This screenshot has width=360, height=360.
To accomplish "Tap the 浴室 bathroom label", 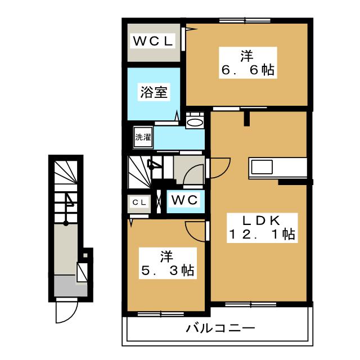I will pyautogui.click(x=154, y=92).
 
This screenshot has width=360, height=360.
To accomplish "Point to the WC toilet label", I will pyautogui.click(x=183, y=200).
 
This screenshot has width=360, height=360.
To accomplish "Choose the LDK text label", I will pyautogui.click(x=261, y=220).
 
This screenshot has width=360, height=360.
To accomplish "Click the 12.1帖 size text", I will pyautogui.click(x=261, y=235).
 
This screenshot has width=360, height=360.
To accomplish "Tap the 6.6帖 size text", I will pyautogui.click(x=247, y=70).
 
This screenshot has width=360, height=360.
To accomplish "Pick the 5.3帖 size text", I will pyautogui.click(x=167, y=271).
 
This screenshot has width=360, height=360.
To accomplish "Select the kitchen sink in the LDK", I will pyautogui.click(x=262, y=167).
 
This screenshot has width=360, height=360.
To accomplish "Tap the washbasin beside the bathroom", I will pyautogui.click(x=195, y=122).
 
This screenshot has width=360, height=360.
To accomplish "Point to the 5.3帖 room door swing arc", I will pyautogui.click(x=195, y=231).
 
